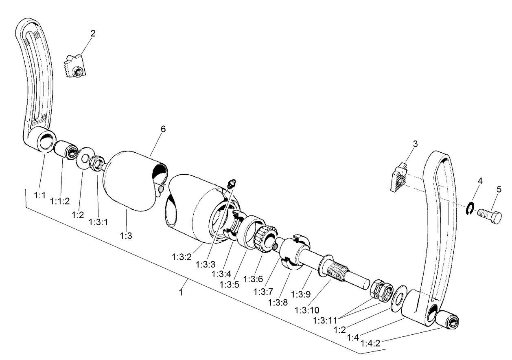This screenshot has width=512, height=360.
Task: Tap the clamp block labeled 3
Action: [x=399, y=178]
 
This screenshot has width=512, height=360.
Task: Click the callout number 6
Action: [x=163, y=129]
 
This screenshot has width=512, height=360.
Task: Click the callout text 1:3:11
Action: [x=326, y=320]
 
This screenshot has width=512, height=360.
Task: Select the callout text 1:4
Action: [x=353, y=338]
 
